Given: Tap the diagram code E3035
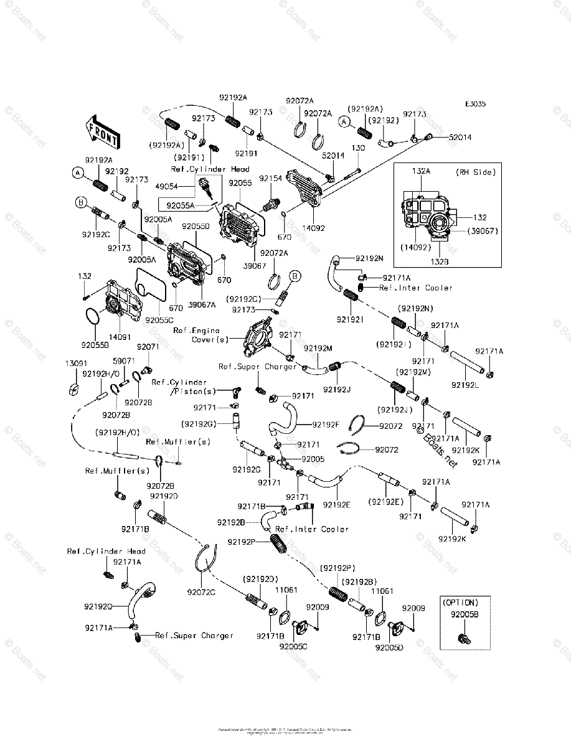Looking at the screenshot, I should coord(474,105).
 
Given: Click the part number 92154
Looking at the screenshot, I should coord(270,178).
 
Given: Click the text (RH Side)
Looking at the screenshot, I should coord(474,172).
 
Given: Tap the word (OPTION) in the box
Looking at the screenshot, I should coord(460,603).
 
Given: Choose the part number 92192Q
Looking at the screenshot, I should coord(98,606).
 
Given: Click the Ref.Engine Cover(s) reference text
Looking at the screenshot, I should coord(201,335).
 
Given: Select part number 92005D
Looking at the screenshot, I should coord(389,647).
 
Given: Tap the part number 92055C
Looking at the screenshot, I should coord(159,321).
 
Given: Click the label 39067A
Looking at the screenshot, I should coord(203,304).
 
